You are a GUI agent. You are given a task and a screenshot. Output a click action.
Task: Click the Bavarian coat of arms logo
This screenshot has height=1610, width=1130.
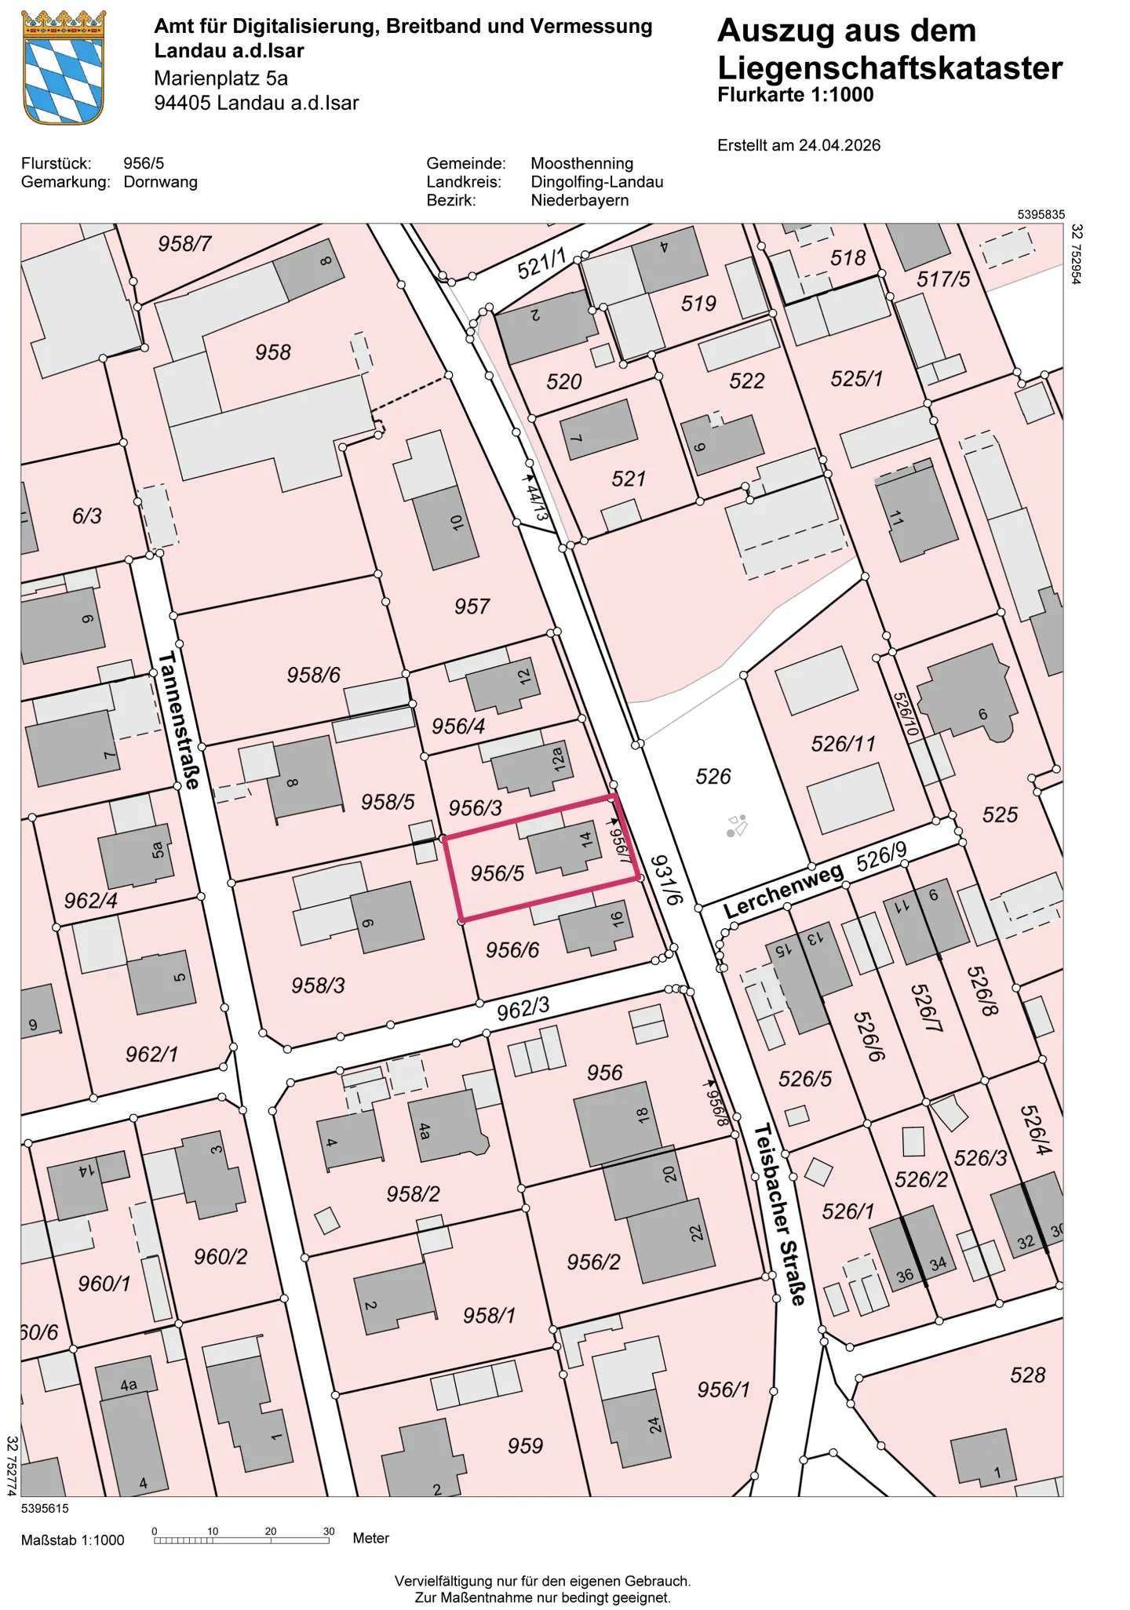tap(64, 67)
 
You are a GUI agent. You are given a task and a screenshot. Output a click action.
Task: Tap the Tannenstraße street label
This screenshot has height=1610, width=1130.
tap(180, 719)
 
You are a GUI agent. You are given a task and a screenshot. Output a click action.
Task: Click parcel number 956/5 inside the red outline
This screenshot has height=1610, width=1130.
tap(497, 872)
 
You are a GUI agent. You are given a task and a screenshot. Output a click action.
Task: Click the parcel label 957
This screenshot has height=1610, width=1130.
tap(472, 606)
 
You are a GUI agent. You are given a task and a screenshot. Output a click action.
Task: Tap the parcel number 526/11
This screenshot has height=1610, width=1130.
tap(843, 743)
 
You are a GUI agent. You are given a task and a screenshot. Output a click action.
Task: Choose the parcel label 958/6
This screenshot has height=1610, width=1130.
tap(313, 675)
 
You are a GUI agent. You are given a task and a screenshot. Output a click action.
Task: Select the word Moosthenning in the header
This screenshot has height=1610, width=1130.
tap(581, 163)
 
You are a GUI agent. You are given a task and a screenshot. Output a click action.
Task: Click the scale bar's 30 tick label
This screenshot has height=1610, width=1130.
tap(329, 1531)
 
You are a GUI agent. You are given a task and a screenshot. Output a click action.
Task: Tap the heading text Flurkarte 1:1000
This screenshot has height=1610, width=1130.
tap(795, 95)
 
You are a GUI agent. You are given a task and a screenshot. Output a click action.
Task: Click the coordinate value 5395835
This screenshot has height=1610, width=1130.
tap(1041, 214)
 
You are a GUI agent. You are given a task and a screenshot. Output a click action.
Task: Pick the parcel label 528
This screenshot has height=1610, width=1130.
tap(1027, 1375)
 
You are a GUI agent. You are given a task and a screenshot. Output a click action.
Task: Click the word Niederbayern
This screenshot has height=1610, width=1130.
tap(579, 200)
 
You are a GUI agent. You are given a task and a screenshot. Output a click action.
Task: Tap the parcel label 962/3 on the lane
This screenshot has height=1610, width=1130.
tap(523, 1009)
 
